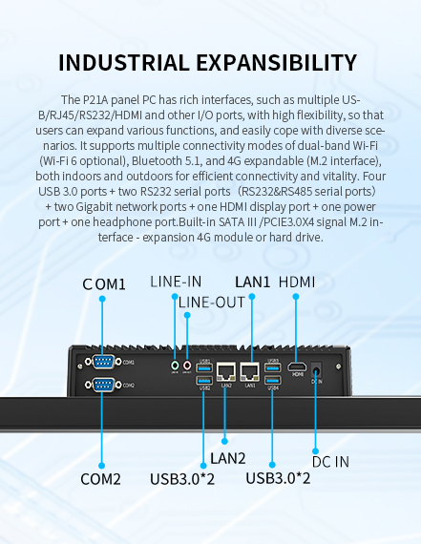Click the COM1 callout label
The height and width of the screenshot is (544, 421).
[x=104, y=284]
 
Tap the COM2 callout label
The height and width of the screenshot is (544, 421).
[x=100, y=478]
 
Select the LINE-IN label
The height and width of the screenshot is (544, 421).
[x=176, y=282]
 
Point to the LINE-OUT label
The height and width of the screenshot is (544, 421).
[x=212, y=302]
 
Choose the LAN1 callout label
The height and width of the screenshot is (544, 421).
[x=254, y=282]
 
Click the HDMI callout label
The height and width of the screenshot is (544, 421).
[x=296, y=282]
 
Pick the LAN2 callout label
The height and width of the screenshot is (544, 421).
[x=228, y=458]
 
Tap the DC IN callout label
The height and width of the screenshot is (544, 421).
[x=330, y=462]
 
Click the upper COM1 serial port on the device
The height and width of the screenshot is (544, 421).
[x=102, y=362]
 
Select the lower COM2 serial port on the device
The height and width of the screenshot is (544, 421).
[x=102, y=384]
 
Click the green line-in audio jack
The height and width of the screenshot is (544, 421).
[x=175, y=364]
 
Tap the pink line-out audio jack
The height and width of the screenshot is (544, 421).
[x=187, y=364]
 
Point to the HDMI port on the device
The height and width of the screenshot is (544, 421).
[x=297, y=366]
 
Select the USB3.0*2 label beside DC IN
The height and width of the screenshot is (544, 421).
[x=278, y=478]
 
